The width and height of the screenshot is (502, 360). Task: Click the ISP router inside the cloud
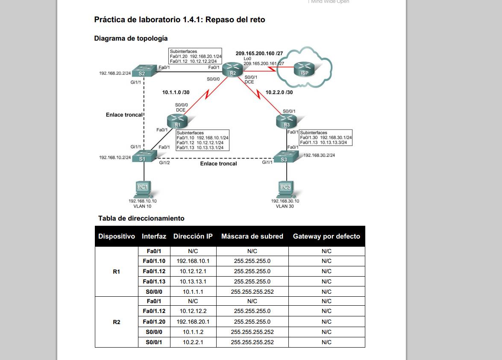point(304,69)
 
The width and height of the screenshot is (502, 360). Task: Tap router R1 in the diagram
point(177,121)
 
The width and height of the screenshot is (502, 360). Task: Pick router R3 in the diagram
point(287,121)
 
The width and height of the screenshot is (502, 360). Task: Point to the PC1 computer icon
point(143,189)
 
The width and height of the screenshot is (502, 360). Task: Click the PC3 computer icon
point(285,189)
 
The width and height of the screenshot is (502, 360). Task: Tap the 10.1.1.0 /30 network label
point(176,92)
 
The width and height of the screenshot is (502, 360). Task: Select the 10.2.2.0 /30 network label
point(279,92)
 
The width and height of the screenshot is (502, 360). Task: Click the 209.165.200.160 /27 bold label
point(259,53)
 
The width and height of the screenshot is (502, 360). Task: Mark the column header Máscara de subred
point(252,236)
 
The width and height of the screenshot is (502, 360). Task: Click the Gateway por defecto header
point(326,236)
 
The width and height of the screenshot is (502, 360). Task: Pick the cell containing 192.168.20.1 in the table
point(193,322)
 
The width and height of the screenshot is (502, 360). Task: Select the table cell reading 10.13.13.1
point(193,281)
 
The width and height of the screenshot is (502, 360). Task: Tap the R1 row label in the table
point(117,271)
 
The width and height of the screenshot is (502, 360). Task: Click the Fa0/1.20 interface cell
point(154,322)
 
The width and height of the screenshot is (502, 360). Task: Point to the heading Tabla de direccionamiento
point(141,218)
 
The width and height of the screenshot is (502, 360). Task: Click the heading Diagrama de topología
point(131,38)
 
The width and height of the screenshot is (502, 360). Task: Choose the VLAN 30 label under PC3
point(285,206)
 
